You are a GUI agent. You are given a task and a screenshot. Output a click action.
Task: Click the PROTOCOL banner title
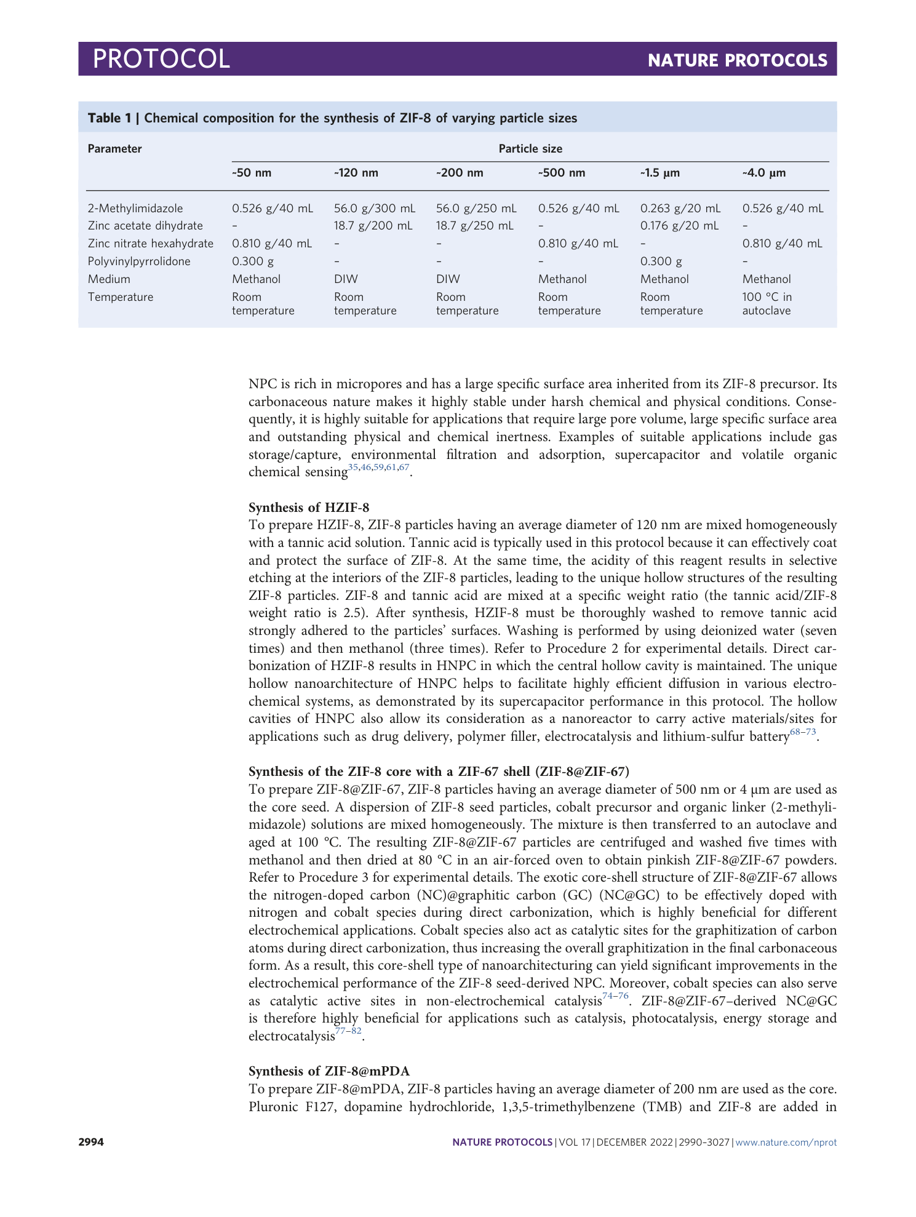pos(161,59)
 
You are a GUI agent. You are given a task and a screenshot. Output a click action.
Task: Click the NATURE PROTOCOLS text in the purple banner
pos(737,60)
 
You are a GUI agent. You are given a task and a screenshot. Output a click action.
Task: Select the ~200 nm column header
pos(459,173)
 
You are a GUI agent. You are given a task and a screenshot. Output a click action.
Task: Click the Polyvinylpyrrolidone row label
pos(139,261)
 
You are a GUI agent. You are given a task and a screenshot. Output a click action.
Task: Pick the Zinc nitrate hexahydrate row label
pos(151,244)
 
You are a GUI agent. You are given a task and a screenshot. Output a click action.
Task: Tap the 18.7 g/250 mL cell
pos(474,226)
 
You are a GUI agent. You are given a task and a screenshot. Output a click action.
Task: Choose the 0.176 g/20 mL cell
pos(679,226)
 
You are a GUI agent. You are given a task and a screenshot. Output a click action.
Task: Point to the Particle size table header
pos(530,149)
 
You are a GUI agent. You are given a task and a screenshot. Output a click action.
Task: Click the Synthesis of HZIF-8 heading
pos(309,508)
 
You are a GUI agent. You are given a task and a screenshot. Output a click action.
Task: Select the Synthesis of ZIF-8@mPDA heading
pos(329,1071)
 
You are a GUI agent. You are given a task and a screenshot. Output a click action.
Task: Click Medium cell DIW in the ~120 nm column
pos(346,279)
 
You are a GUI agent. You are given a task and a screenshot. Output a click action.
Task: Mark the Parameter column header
pos(115,149)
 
